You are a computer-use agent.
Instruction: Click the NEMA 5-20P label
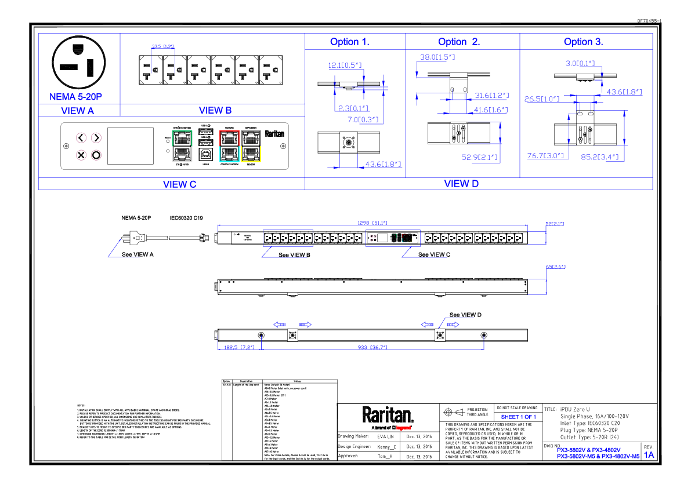pos(75,97)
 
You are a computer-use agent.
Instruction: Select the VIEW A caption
pos(77,111)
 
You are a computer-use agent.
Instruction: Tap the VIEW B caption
pos(215,110)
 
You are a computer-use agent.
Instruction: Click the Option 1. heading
pos(349,42)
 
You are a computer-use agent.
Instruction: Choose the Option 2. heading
pos(459,42)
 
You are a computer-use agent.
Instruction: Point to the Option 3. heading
pos(583,42)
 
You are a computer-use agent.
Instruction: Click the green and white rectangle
pos(182,146)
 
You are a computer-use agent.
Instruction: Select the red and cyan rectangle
pos(229,146)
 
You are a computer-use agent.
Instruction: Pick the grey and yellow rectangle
pos(251,146)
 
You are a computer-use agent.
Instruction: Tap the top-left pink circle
pos(81,137)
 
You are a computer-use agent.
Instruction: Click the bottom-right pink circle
pos(96,155)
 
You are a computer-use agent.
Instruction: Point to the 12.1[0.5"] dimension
pos(345,65)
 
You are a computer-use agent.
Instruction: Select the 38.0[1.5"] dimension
pos(437,57)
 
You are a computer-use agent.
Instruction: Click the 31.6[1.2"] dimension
pos(491,96)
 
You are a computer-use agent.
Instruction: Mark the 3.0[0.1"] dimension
pos(580,63)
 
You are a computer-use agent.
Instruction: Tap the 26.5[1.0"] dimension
pos(542,99)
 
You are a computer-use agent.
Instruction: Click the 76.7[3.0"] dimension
pos(545,156)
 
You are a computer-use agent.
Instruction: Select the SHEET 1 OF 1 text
pos(518,417)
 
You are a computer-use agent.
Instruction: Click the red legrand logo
pos(403,428)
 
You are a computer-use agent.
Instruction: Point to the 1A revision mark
pos(649,455)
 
